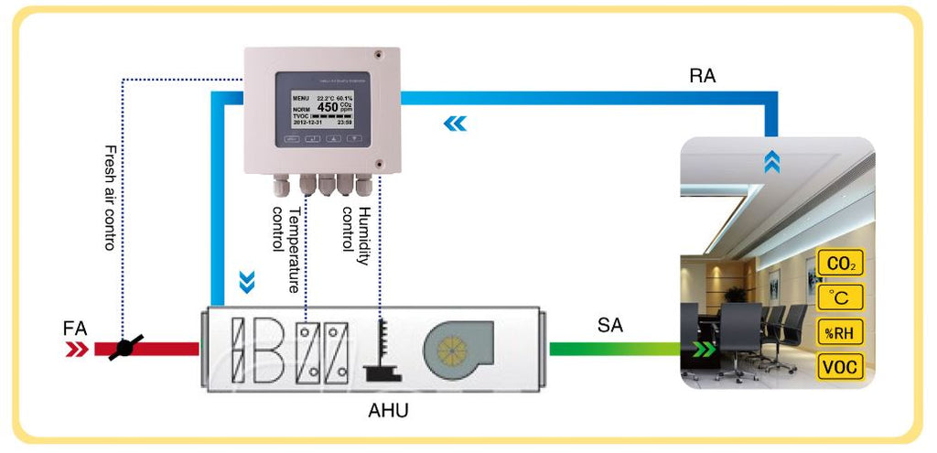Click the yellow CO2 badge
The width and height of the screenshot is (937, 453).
(840, 264)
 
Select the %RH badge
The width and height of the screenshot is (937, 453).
(840, 332)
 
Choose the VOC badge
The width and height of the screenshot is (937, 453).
(840, 367)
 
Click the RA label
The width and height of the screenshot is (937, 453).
(703, 77)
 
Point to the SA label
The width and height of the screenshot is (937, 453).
(609, 324)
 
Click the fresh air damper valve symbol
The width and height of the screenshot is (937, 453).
(124, 349)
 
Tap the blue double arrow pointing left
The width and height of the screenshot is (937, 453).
(455, 124)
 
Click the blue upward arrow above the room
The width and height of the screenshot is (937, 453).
(772, 162)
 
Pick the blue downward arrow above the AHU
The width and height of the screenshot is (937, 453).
(245, 281)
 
